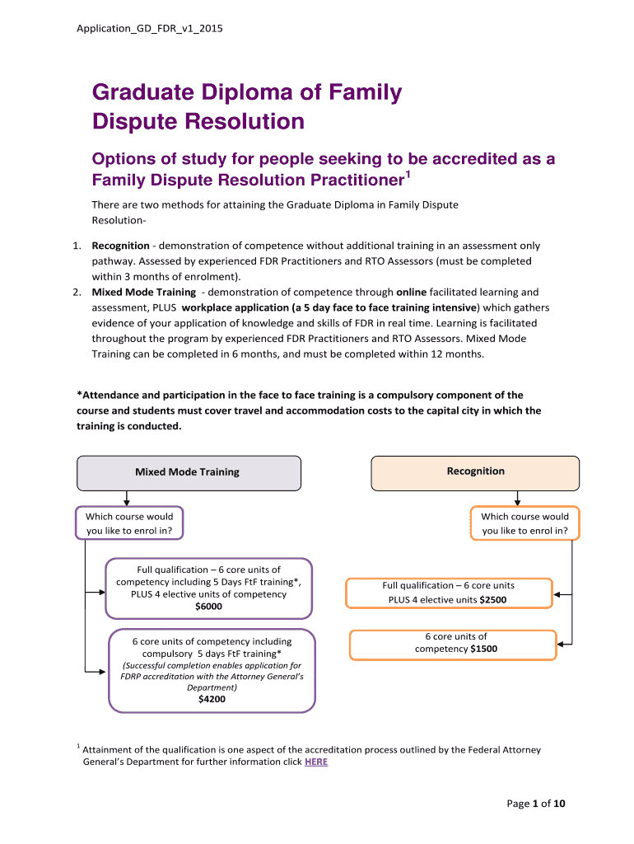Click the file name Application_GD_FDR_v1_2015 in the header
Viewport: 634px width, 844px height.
[149, 29]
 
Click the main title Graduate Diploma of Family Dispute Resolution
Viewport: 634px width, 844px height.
[246, 107]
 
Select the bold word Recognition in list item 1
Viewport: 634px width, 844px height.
[120, 246]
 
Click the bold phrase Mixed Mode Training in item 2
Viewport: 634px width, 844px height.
[143, 292]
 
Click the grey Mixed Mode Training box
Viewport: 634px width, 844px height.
[188, 472]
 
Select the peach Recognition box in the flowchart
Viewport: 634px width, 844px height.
[475, 471]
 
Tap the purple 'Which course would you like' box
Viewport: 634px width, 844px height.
[129, 523]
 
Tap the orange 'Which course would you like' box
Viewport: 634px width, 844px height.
[524, 523]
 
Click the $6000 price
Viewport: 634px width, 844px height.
[208, 607]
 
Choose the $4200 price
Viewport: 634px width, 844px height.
[212, 699]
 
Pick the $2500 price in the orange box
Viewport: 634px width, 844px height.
[493, 600]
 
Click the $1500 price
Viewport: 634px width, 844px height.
[484, 649]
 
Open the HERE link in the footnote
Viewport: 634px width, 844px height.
[315, 762]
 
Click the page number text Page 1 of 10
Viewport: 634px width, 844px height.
[535, 804]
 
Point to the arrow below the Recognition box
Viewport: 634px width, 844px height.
[516, 498]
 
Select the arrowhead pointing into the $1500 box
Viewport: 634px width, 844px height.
[561, 644]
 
